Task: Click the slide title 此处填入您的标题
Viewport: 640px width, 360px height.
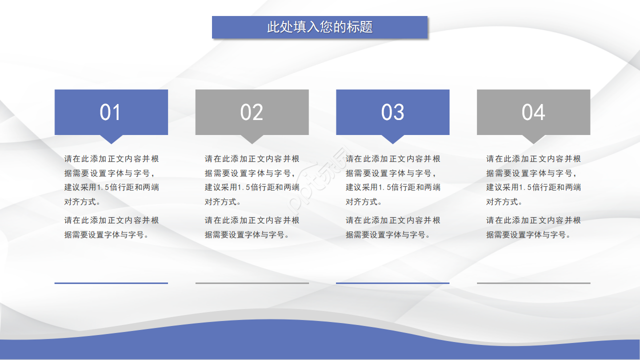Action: point(320,27)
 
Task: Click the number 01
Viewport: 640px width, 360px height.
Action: point(110,112)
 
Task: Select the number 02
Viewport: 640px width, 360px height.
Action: point(251,112)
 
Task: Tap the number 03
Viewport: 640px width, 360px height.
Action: point(392,112)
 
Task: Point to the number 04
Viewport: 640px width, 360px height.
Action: point(533,112)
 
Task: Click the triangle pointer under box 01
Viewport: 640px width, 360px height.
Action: point(111,138)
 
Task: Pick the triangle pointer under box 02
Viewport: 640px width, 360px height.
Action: point(252,138)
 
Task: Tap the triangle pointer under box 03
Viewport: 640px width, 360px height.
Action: point(392,138)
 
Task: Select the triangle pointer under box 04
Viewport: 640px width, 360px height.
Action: point(533,138)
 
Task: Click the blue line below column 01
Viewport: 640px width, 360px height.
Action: point(111,283)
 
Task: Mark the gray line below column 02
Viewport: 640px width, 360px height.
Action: point(252,283)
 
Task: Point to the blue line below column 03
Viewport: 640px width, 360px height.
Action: point(392,283)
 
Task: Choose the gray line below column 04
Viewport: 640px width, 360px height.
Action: point(533,283)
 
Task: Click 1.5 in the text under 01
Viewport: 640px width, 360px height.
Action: point(102,187)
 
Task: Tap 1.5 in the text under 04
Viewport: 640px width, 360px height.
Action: point(524,187)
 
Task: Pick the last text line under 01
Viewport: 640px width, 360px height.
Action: point(106,234)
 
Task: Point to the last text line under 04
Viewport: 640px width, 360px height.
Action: point(528,234)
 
